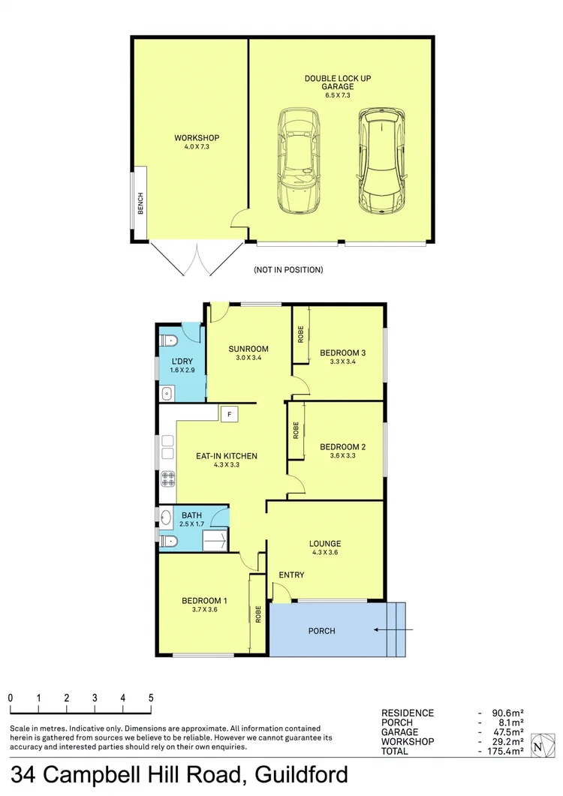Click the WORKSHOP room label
coord(197,138)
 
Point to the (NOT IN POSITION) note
coord(288,269)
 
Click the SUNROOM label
coord(248,349)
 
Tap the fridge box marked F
coord(229,413)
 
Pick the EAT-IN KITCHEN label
coord(226,455)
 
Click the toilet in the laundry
coord(169,341)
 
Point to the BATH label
coord(191,515)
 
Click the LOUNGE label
coord(324,544)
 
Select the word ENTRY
coord(291,575)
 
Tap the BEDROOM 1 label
coord(204,600)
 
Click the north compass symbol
coord(538,746)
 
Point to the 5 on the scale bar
coord(151,698)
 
